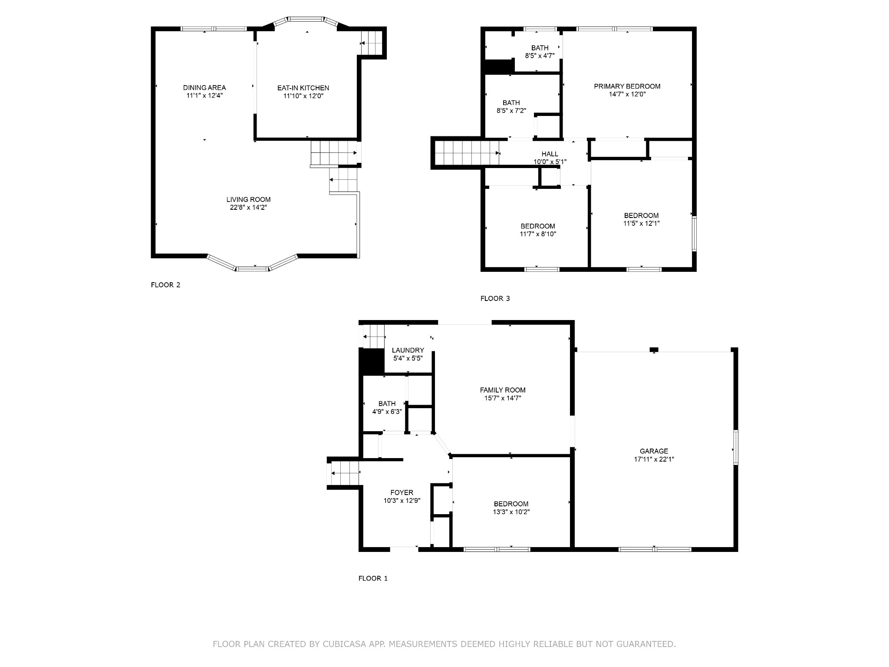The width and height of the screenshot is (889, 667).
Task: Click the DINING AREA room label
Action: [x=204, y=88]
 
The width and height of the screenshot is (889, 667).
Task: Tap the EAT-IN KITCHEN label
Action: [x=303, y=88]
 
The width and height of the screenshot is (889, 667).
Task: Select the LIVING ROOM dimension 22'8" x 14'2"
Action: [x=248, y=208]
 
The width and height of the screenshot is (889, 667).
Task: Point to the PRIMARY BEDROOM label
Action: [x=627, y=86]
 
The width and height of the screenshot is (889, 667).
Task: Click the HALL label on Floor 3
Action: [x=550, y=154]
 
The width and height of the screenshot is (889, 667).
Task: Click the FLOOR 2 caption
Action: [x=165, y=285]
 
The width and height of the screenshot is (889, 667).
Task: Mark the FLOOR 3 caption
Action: [x=495, y=299]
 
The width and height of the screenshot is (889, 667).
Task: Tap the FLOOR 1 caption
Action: [x=373, y=578]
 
